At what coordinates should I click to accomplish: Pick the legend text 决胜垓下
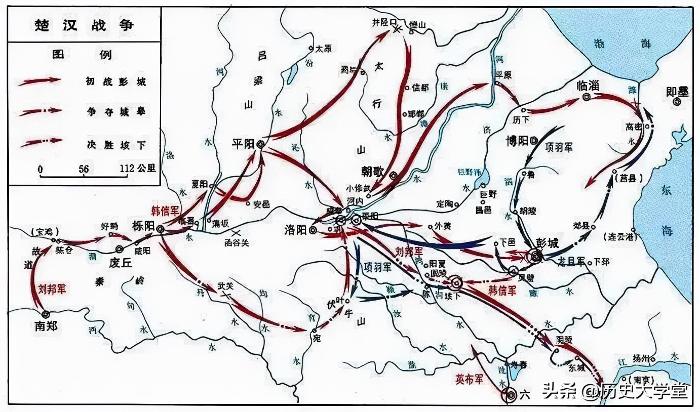coord(116,144)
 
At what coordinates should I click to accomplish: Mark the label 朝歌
coord(374,171)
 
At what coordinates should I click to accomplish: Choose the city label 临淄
coord(588,85)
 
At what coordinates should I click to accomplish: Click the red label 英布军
coord(471,379)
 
